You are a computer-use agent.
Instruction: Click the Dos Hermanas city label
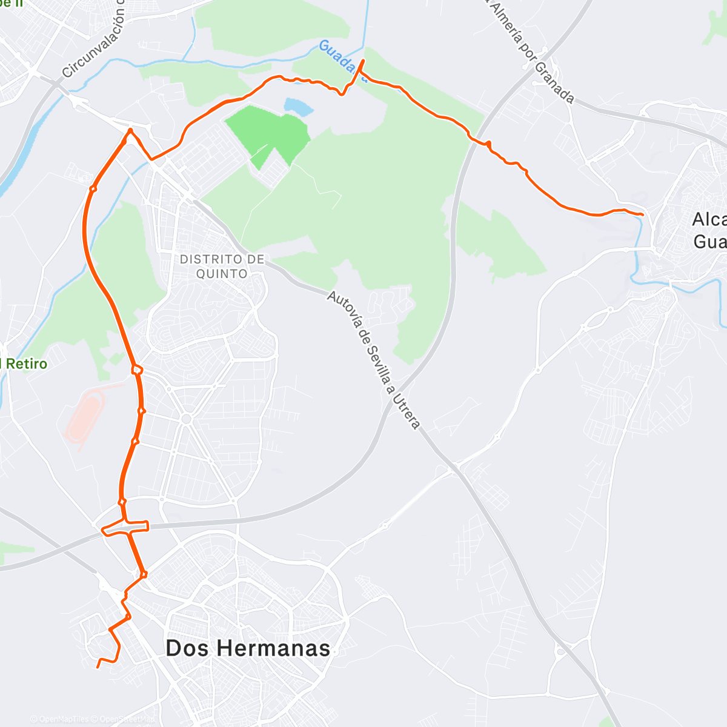click(248, 648)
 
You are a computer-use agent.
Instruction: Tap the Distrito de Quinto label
click(222, 267)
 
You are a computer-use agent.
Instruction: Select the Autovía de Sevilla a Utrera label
click(373, 360)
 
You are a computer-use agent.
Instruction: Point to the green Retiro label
click(24, 364)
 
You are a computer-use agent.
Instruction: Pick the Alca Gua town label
click(709, 230)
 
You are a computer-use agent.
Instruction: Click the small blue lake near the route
click(299, 107)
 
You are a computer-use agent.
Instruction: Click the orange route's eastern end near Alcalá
click(642, 214)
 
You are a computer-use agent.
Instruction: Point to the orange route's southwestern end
click(98, 667)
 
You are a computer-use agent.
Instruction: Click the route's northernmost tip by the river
click(363, 61)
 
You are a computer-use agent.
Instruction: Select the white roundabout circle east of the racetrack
click(187, 419)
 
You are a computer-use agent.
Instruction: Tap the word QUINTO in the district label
click(222, 274)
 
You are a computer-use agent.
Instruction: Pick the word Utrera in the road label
click(406, 412)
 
